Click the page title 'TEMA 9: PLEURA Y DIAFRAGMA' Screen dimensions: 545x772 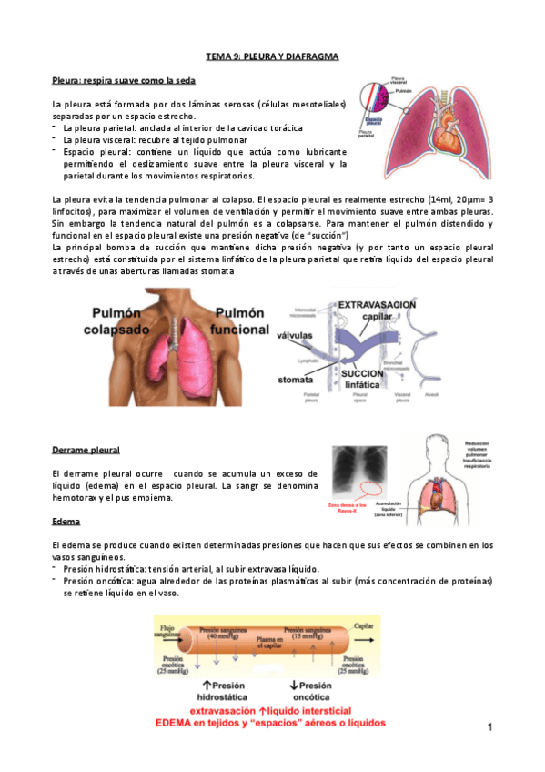click(x=272, y=56)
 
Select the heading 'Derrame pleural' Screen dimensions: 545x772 click(x=86, y=451)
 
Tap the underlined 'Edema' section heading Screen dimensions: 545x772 click(x=66, y=522)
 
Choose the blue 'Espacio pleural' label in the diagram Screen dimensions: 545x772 click(x=374, y=121)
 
